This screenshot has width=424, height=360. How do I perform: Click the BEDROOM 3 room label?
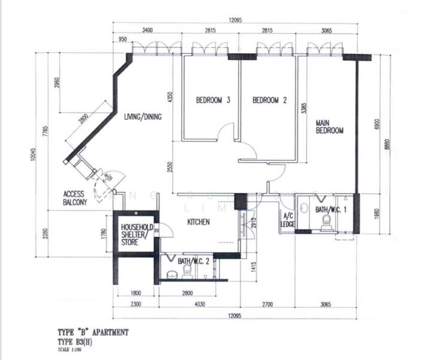(213, 101)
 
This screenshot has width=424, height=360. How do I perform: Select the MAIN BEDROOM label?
(329, 127)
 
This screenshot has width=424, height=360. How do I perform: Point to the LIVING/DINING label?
(143, 117)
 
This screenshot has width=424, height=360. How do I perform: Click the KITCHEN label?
(198, 222)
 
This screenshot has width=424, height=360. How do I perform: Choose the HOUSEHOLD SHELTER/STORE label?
(137, 235)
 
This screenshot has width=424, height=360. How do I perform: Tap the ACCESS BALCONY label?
(76, 199)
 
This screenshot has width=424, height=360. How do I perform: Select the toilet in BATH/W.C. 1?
(326, 224)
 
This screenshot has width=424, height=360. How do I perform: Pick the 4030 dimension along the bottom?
(198, 305)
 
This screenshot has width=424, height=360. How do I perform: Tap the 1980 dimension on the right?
(377, 214)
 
